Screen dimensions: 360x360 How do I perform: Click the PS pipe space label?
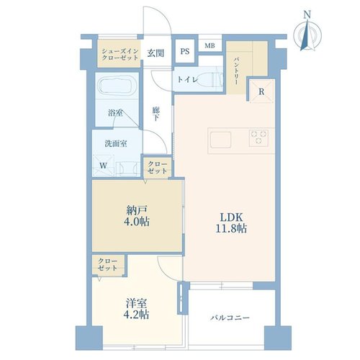[x=185, y=51]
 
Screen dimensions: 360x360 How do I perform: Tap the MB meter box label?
[x=210, y=45]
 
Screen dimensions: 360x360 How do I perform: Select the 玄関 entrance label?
[x=156, y=53]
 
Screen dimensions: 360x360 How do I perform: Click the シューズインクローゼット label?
[x=120, y=54]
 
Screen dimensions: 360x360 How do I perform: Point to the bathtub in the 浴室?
[x=117, y=85]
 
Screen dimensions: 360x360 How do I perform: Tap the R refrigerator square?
[x=261, y=91]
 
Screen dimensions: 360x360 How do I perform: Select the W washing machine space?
[x=103, y=166]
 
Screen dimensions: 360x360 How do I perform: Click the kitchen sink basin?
[x=220, y=140]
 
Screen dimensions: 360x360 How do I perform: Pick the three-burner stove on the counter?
[x=258, y=138]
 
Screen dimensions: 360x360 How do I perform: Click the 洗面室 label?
[x=116, y=143]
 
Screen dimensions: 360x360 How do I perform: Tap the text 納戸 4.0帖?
[x=137, y=216]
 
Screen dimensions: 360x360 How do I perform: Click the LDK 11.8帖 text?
[x=231, y=222]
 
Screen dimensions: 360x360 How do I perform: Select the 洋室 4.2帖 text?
[x=137, y=309]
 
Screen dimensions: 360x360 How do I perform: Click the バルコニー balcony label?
[x=230, y=318]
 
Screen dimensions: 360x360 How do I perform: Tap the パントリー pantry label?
[x=235, y=71]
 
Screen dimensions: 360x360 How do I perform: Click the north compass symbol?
[x=308, y=32]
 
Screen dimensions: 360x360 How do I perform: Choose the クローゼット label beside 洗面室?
[x=157, y=168]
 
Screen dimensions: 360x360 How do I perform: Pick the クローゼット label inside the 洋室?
[x=107, y=265]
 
